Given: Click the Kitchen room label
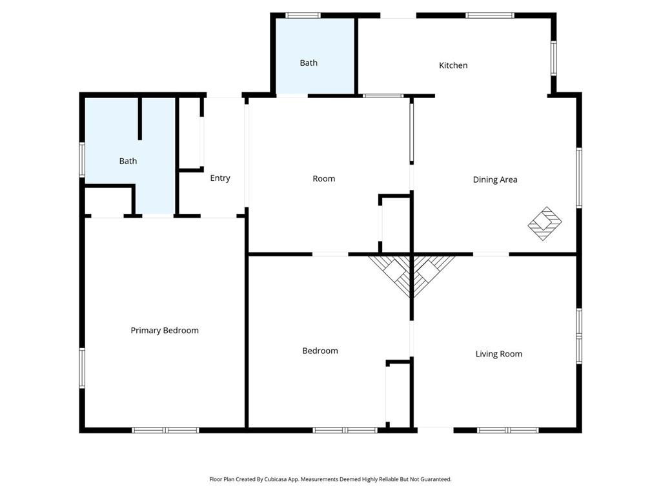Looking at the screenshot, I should tap(453, 65).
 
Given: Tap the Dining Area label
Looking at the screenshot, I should tap(495, 180).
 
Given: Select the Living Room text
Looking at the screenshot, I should tap(498, 354).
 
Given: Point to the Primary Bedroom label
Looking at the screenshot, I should tap(165, 331).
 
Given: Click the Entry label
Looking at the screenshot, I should tap(220, 178).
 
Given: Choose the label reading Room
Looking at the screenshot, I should tap(323, 179).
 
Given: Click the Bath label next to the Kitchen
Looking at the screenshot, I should tap(309, 63).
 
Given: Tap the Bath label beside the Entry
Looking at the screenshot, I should tap(128, 161).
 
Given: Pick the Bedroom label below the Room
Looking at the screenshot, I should tap(320, 351).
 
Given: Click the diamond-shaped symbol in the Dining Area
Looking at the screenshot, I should tap(545, 223).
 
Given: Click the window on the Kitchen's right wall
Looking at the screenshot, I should tap(553, 59).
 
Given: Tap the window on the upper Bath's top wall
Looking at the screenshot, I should tap(303, 15).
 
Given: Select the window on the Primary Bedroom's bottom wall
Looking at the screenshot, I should tap(165, 429).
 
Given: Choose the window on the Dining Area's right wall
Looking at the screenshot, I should tap(579, 178).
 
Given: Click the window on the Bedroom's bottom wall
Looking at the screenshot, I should tap(345, 429).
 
